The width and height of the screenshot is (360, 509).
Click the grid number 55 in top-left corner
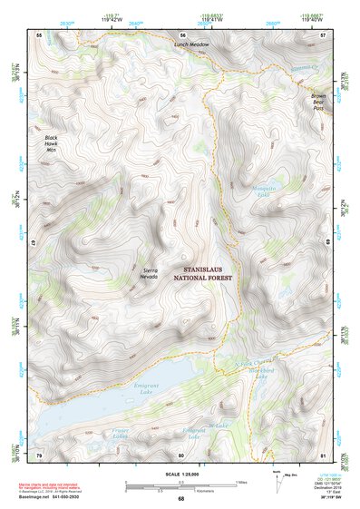coord(39,34)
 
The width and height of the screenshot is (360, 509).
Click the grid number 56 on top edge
coord(182,34)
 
